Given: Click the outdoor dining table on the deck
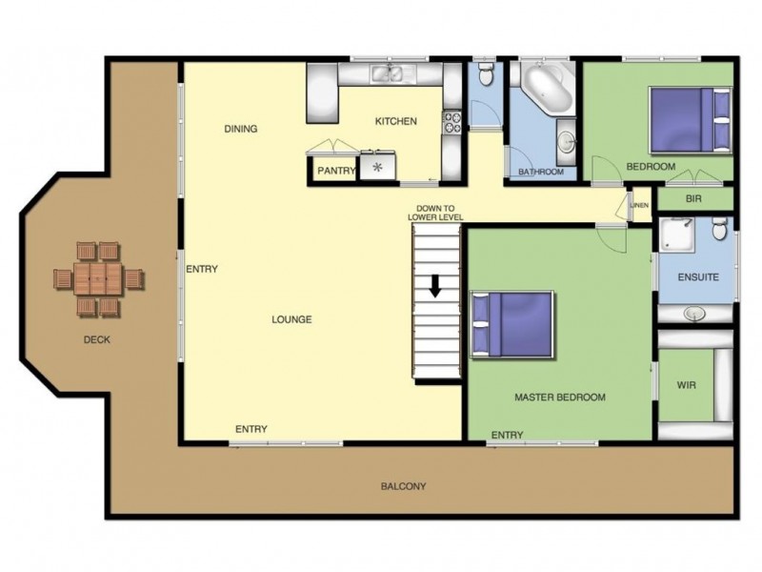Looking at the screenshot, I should click(97, 279).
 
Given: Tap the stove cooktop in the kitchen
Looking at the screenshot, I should click(451, 122).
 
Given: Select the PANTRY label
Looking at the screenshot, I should click(335, 172).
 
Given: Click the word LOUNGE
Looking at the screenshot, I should click(291, 319).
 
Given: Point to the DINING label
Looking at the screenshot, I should click(241, 129).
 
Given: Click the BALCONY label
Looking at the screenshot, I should click(403, 486).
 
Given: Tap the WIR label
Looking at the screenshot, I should click(687, 386).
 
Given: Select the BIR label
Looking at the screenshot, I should click(695, 200).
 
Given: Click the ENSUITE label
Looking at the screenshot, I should click(698, 277).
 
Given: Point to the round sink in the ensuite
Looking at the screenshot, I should click(695, 313).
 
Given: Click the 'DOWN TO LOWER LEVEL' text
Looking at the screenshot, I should click(435, 213).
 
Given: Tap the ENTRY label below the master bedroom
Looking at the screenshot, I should click(507, 436).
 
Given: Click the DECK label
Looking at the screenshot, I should click(97, 338).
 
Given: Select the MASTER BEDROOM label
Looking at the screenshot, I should click(559, 397).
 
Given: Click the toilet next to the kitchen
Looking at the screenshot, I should click(486, 74).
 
